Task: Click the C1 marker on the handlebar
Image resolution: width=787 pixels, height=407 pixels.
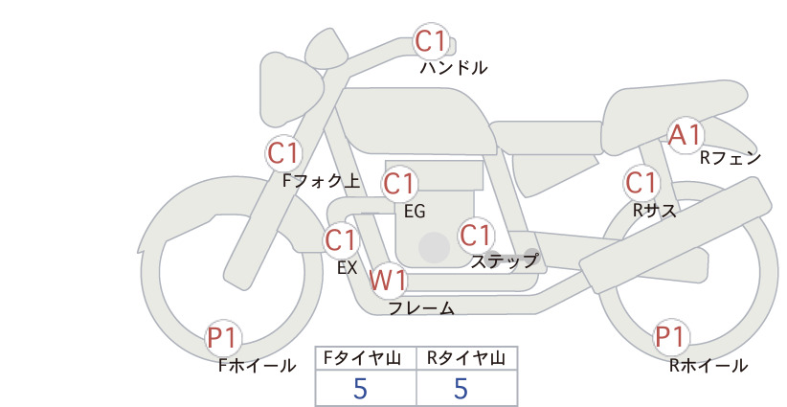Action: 431,41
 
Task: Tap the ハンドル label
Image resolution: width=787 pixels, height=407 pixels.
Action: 453,68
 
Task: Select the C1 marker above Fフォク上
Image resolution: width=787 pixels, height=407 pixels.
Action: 283,153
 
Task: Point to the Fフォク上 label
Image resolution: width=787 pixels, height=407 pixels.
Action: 322,181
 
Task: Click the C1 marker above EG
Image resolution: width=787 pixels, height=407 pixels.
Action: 399,184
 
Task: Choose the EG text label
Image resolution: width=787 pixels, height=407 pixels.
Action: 415,212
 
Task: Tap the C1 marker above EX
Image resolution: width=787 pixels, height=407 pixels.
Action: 341,240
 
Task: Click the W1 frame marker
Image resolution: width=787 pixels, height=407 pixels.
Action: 388,281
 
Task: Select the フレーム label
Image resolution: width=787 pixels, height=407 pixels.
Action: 421,308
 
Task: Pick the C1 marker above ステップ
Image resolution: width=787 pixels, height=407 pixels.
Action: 475,236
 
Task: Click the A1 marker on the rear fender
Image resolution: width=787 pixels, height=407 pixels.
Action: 686,135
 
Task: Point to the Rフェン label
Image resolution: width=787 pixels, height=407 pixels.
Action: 731,158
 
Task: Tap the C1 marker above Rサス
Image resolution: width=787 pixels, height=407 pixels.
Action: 641,183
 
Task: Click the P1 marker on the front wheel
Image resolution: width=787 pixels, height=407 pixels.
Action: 222,337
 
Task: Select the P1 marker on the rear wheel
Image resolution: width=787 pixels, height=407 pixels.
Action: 670,337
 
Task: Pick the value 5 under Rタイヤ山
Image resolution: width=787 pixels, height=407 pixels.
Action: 461,389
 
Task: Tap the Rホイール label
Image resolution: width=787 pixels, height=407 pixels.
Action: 708,366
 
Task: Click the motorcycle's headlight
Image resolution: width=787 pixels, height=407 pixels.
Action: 289,90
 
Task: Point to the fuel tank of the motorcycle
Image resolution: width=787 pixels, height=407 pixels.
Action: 416,122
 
